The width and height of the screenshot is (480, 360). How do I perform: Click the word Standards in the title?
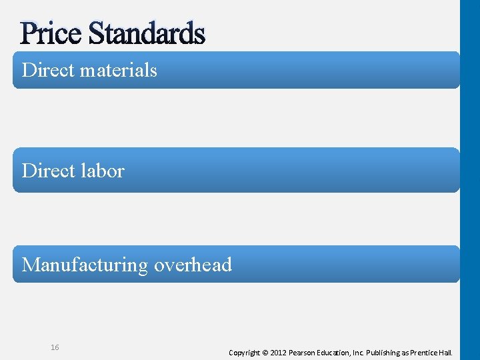click(146, 33)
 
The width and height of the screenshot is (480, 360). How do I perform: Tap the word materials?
click(118, 70)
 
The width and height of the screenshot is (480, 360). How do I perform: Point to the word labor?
click(102, 171)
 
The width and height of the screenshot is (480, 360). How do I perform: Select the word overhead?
click(193, 265)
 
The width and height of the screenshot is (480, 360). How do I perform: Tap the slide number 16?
click(55, 347)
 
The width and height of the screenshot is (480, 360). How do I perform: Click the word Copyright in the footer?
click(244, 352)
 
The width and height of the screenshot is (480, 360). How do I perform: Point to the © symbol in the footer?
click(265, 352)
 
